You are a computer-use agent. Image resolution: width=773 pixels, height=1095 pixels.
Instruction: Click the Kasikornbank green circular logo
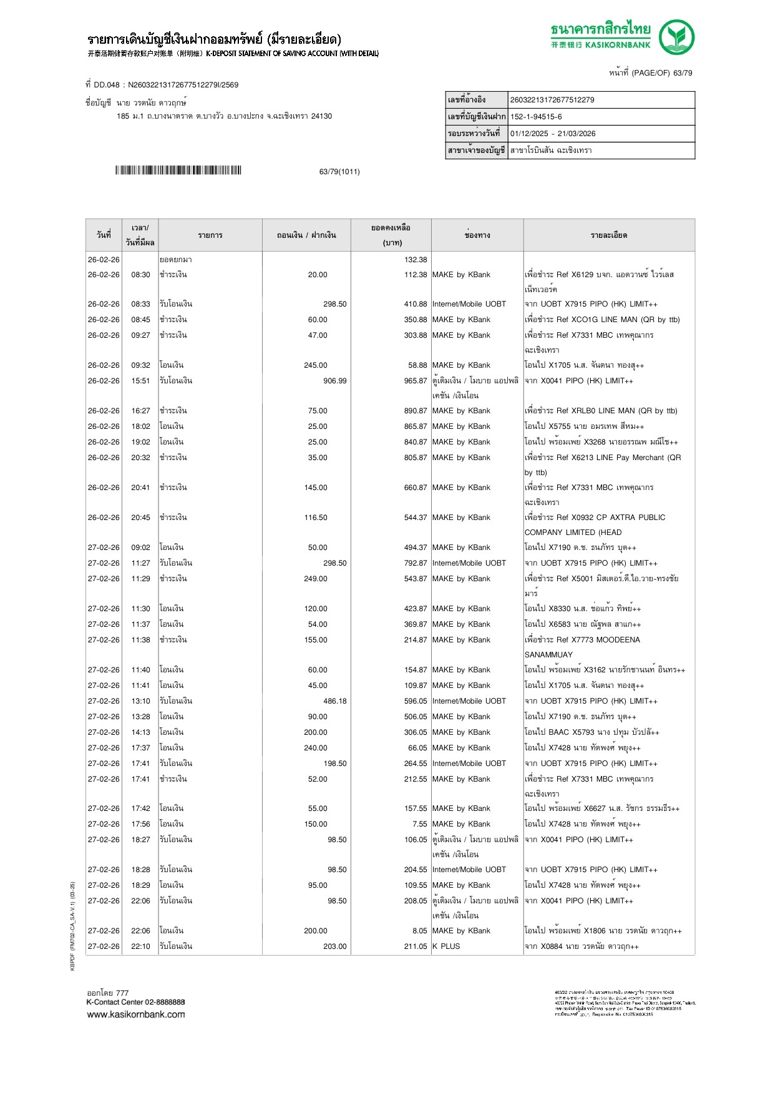click(676, 37)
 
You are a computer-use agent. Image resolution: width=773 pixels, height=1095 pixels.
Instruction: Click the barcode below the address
click(178, 170)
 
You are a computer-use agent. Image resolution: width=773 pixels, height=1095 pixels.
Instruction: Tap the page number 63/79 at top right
click(682, 73)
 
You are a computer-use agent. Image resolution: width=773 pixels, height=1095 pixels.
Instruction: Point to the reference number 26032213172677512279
click(552, 100)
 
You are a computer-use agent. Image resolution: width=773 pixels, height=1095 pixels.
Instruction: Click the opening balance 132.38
click(416, 260)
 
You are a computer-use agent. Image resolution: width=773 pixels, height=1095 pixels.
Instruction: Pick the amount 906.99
click(334, 381)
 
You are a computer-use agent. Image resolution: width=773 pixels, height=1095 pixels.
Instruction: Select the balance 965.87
click(416, 381)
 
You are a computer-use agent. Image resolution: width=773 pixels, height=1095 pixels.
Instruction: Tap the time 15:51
click(140, 381)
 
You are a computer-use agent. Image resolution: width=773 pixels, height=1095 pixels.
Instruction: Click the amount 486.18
click(334, 701)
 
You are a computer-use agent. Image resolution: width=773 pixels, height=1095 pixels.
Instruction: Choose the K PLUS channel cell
click(446, 946)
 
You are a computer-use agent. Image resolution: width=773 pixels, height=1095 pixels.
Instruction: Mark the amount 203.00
click(334, 946)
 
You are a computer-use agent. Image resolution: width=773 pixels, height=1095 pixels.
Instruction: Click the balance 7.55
click(419, 824)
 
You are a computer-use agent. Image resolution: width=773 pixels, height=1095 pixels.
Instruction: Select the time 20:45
click(140, 518)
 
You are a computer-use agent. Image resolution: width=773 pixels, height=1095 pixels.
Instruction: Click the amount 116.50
click(316, 518)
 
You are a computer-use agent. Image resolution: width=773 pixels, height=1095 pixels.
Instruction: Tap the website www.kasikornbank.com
click(136, 1014)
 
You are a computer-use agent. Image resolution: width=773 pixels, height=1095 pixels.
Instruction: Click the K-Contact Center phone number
click(161, 1002)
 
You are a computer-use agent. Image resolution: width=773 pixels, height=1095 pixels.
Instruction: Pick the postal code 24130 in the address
click(321, 116)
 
